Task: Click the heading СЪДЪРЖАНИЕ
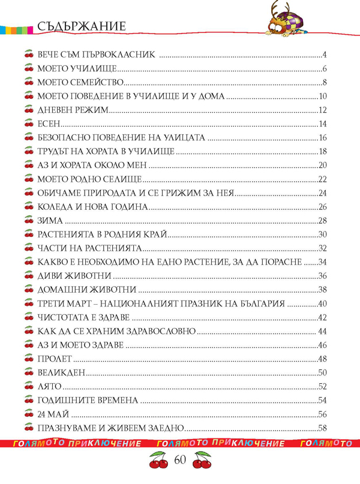(x=81, y=26)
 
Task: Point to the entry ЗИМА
(x=51, y=221)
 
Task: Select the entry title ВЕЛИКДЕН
(x=61, y=373)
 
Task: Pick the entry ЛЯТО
(x=50, y=387)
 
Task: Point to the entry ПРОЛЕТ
(x=55, y=359)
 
